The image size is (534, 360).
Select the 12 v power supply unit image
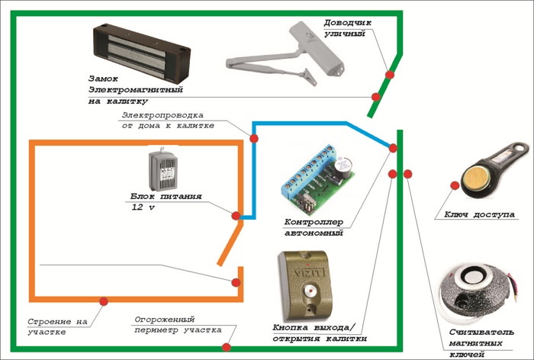click(162, 169)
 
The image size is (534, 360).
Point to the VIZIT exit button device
click(305, 286)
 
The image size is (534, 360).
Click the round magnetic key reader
click(477, 294)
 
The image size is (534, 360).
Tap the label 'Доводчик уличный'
click(347, 28)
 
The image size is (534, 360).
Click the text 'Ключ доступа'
click(479, 214)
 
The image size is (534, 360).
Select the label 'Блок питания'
click(166, 197)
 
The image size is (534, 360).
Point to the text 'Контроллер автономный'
click(314, 227)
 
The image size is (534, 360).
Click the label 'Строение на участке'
click(57, 326)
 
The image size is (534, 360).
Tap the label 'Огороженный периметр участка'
click(178, 325)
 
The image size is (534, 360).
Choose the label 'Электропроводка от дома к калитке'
click(168, 121)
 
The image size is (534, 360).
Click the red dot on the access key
click(455, 185)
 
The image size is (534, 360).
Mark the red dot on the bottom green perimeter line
click(226, 347)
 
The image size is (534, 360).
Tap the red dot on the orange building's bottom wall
click(104, 301)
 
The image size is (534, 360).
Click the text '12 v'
click(143, 207)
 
